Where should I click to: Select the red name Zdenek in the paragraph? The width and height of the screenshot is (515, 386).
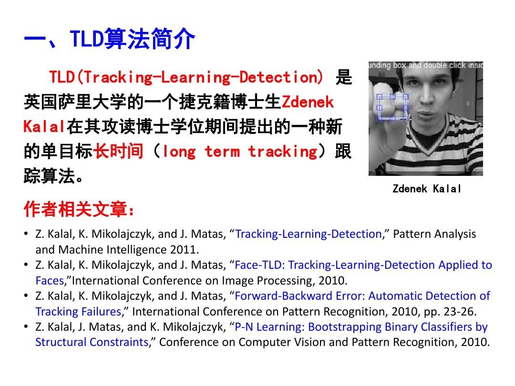tap(308, 102)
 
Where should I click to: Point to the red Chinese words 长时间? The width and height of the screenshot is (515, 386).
tap(118, 152)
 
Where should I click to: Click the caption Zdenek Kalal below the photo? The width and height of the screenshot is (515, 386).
tap(427, 189)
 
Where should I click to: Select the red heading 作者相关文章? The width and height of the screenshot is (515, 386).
tap(79, 209)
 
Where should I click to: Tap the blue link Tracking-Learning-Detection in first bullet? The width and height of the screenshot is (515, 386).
tap(309, 234)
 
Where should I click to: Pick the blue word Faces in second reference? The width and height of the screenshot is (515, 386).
tap(49, 280)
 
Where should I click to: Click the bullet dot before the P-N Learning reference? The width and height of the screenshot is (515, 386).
tap(26, 327)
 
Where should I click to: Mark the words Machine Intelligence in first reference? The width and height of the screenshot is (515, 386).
tap(112, 249)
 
